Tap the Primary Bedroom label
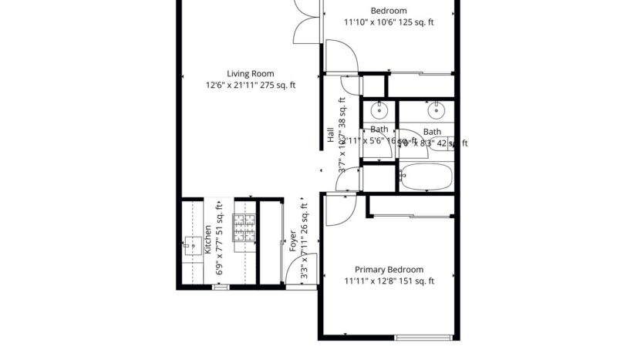click(389, 270)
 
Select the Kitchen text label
click(208, 240)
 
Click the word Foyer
click(293, 241)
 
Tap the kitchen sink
click(190, 247)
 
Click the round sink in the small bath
click(379, 108)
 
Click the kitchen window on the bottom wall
click(221, 288)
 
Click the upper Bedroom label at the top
click(389, 11)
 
